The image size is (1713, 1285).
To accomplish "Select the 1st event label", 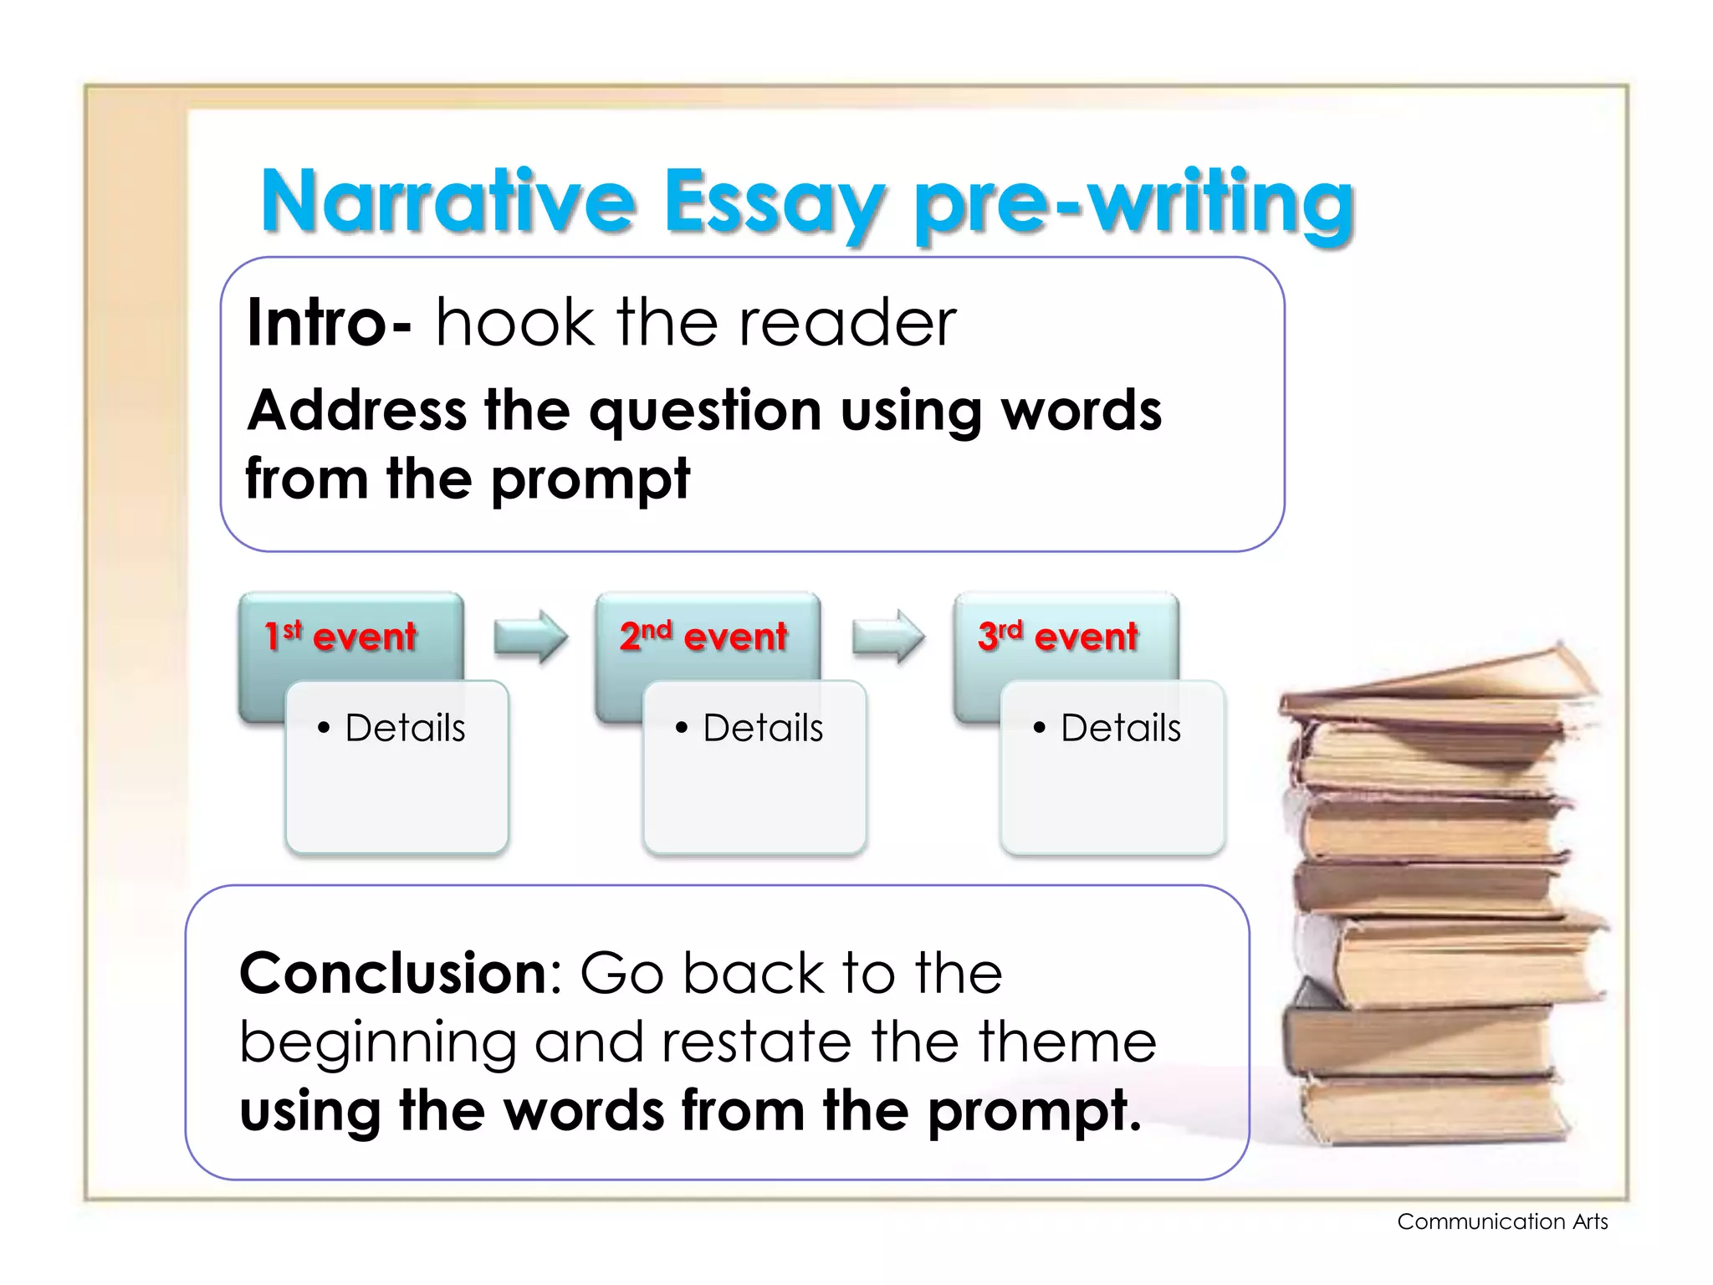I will point(340,637).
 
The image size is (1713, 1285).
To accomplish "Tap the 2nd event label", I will point(703,637).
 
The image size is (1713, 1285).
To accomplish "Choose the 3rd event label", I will point(1058,637).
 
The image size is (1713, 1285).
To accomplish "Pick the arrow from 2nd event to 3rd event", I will point(887,637).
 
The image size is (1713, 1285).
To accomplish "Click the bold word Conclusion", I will point(393,974).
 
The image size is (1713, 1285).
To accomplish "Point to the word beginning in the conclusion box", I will point(377,1044).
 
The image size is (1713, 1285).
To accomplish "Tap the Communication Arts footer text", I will point(1502,1221).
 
